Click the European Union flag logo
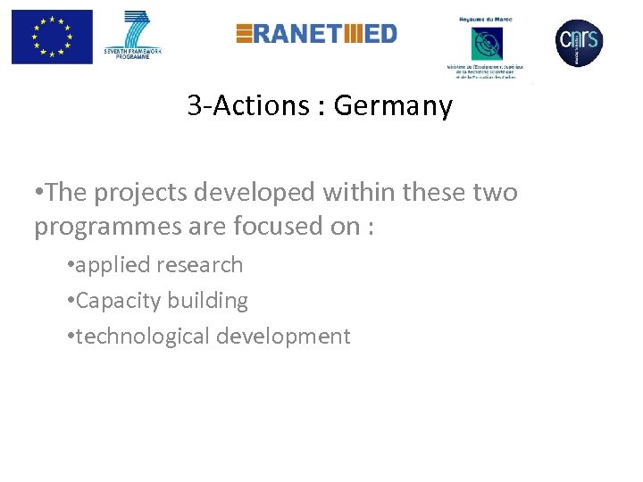[x=52, y=37]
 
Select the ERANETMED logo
[x=316, y=34]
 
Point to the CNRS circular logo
[x=579, y=41]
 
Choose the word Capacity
[x=111, y=301]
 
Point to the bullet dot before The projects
[x=39, y=193]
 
